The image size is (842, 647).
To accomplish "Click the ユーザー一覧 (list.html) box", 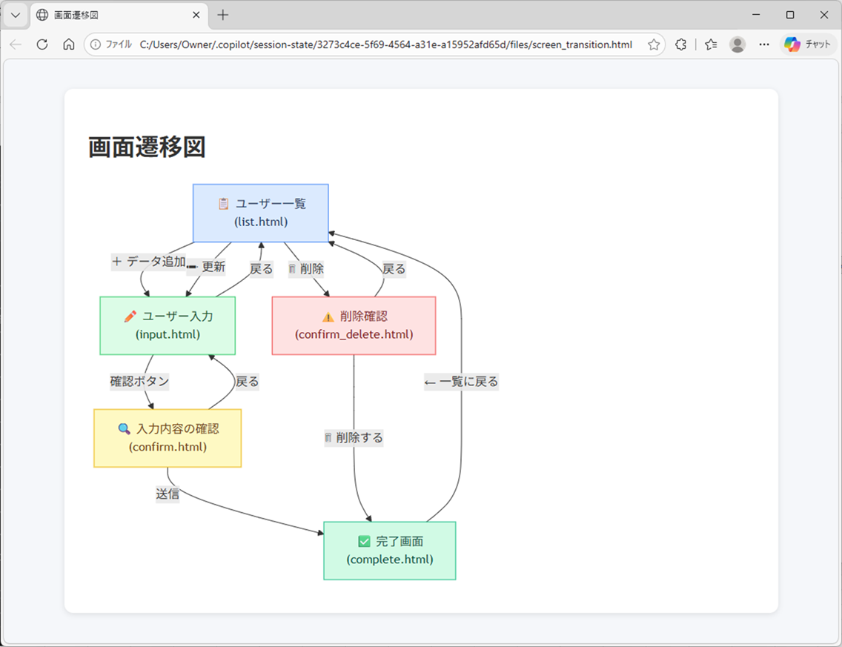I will pos(260,213).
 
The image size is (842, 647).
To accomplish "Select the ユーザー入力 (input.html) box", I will pos(168,325).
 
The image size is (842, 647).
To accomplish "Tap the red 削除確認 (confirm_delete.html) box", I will pos(354,325).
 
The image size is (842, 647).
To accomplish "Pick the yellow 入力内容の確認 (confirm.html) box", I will pos(168,438).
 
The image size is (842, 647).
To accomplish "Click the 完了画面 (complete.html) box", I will pos(389,551).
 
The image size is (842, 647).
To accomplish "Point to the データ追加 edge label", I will pos(148,261).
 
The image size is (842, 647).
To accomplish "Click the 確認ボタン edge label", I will pos(139,382).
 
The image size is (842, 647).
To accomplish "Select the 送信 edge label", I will pos(168,494).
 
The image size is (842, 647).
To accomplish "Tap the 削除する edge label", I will pos(354,437).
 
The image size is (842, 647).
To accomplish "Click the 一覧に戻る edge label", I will pos(461,382).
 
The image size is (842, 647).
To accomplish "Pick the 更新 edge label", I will pos(207,267).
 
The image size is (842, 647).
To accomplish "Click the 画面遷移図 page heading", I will pos(147,147).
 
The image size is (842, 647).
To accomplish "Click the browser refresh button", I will pos(42,44).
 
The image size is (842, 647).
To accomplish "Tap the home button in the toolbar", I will pos(68,44).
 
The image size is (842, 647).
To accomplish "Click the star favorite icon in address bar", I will pos(653,44).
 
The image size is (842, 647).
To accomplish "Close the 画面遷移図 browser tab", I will pos(196,15).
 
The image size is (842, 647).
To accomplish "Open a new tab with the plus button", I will pos(223,15).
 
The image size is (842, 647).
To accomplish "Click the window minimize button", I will pos(756,15).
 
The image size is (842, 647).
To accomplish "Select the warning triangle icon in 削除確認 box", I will pos(328,316).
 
